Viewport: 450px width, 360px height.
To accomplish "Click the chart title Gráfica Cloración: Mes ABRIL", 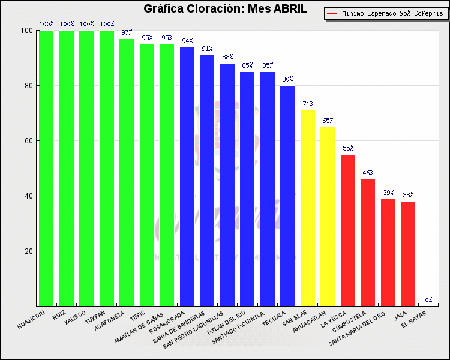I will pyautogui.click(x=225, y=9).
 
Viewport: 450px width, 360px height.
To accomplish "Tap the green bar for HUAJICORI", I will pyautogui.click(x=46, y=168).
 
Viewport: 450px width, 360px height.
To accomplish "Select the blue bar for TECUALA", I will pyautogui.click(x=287, y=196).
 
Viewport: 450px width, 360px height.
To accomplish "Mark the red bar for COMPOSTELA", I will pyautogui.click(x=368, y=242).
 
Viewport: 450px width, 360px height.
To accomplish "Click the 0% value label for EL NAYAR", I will pyautogui.click(x=428, y=300).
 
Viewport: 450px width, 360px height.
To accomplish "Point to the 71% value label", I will pyautogui.click(x=308, y=104).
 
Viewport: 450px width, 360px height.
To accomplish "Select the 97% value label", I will pyautogui.click(x=127, y=32).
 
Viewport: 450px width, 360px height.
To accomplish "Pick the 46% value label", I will pyautogui.click(x=368, y=173).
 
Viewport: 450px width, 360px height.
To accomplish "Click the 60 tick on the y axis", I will pyautogui.click(x=28, y=141).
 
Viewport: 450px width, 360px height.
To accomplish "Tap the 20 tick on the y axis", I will pyautogui.click(x=28, y=251).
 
